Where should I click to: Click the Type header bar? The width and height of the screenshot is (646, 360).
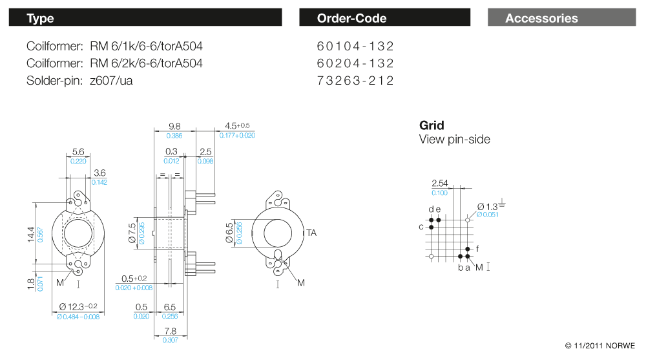point(145,18)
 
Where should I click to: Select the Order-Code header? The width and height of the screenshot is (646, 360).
point(384,18)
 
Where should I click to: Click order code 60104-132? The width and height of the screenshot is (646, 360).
point(355,47)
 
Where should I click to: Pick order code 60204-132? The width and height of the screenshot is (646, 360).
point(355,63)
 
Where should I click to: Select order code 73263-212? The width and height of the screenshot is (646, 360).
point(355,80)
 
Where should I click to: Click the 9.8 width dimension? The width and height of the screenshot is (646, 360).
point(174,127)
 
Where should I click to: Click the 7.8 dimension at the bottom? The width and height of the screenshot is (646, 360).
point(170,331)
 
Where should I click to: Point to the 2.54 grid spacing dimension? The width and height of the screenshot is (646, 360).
point(439,184)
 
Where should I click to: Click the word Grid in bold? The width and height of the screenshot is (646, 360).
point(432,125)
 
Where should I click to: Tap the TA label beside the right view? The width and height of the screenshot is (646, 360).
point(311,233)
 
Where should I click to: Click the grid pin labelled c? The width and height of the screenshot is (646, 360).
point(431,228)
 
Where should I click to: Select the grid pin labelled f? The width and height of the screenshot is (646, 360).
point(468,249)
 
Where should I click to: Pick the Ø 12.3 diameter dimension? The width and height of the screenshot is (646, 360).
point(78,306)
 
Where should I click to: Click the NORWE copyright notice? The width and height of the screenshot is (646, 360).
point(600,345)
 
